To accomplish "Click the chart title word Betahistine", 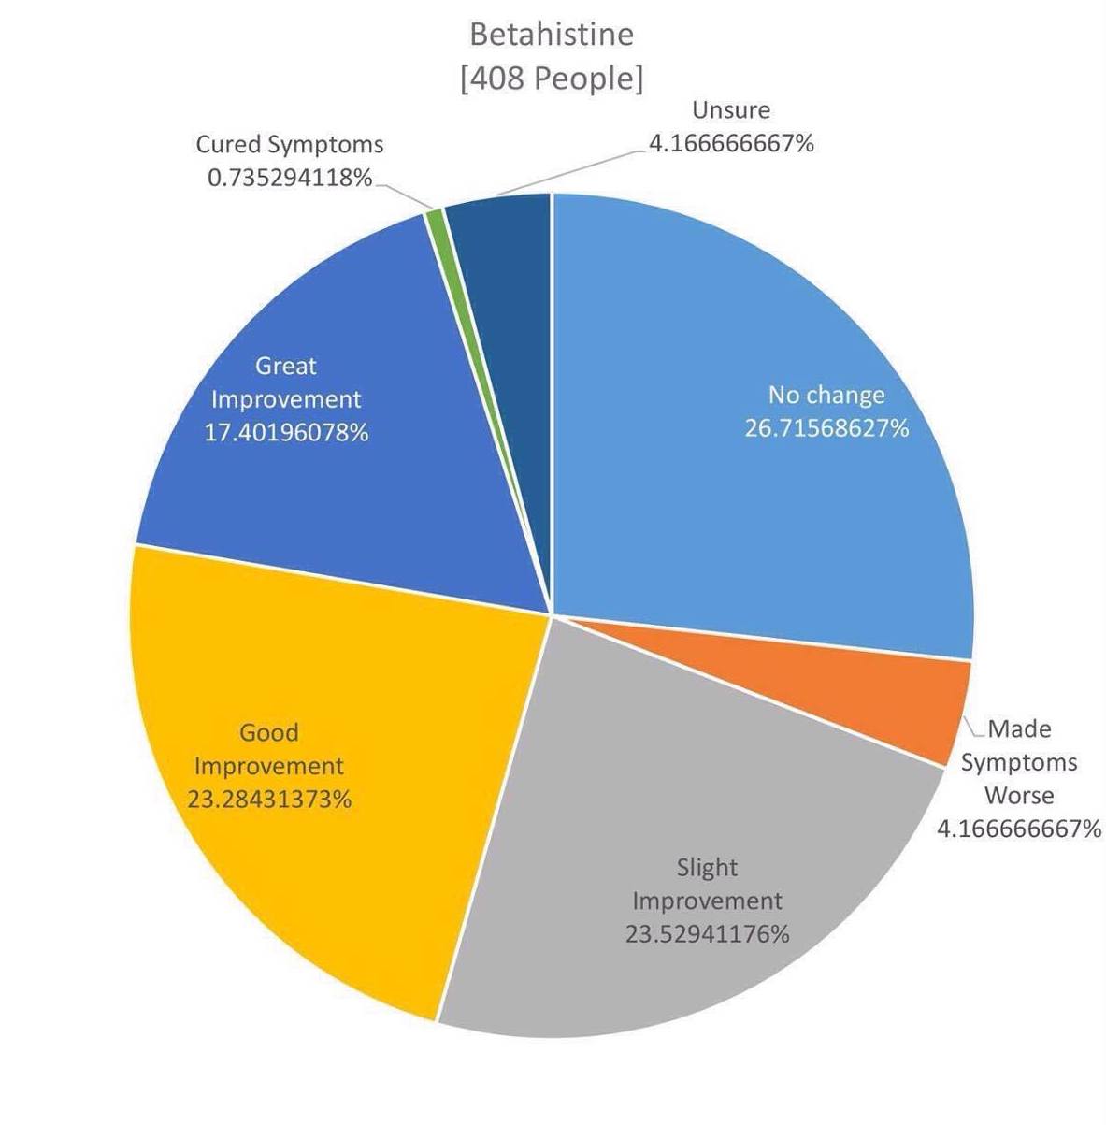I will pyautogui.click(x=552, y=35).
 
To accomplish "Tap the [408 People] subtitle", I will pyautogui.click(x=552, y=79).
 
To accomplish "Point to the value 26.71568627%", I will pyautogui.click(x=826, y=428).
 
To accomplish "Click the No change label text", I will pyautogui.click(x=826, y=395).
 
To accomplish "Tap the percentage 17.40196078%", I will pyautogui.click(x=286, y=433).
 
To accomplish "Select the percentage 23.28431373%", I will pyautogui.click(x=269, y=800).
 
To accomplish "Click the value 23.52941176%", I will pyautogui.click(x=707, y=934).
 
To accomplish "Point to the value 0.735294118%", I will pyautogui.click(x=290, y=177).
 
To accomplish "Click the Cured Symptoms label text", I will pyautogui.click(x=290, y=145).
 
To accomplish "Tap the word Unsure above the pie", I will pyautogui.click(x=731, y=110).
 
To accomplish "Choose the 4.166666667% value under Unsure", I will pyautogui.click(x=731, y=143).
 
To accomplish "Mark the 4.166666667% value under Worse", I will pyautogui.click(x=1019, y=829).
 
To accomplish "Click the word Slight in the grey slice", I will pyautogui.click(x=707, y=868).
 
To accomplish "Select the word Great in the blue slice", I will pyautogui.click(x=286, y=366).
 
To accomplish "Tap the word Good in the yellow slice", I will pyautogui.click(x=269, y=732).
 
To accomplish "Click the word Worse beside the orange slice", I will pyautogui.click(x=1019, y=796).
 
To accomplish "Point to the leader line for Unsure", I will pyautogui.click(x=570, y=171).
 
